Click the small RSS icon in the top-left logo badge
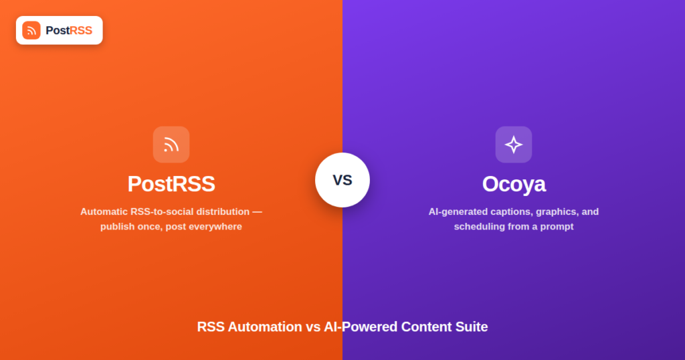tap(31, 31)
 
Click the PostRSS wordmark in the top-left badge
tap(69, 31)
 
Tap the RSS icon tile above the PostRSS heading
tap(171, 145)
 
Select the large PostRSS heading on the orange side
tap(171, 184)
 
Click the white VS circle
tap(342, 180)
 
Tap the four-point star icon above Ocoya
tap(514, 145)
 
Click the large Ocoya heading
tap(514, 185)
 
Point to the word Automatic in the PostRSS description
tap(104, 212)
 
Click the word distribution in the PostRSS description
tap(223, 212)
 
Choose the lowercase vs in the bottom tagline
tap(313, 327)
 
